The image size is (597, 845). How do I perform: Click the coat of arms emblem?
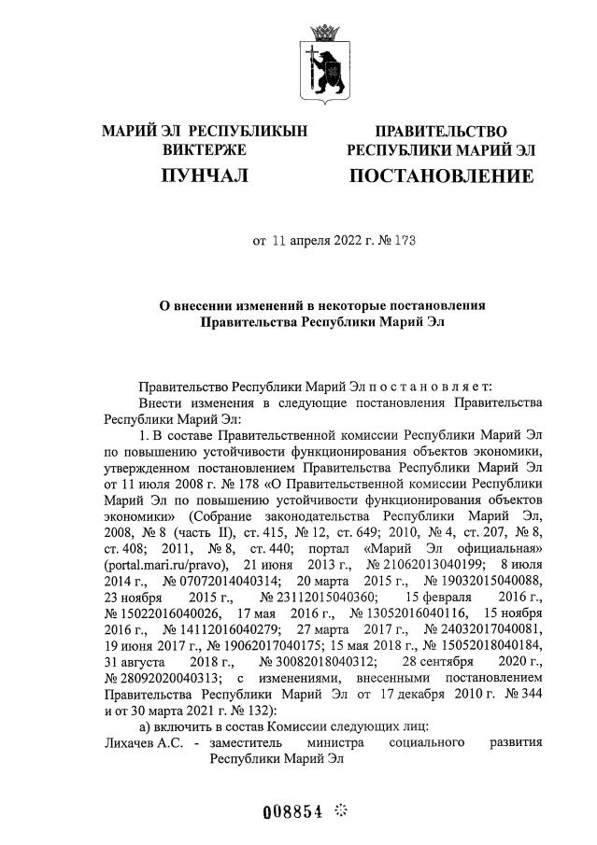[x=326, y=63]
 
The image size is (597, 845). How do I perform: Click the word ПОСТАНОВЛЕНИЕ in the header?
[x=442, y=176]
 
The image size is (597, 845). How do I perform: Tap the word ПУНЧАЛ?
[x=204, y=176]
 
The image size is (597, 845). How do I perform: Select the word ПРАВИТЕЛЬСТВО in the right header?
[x=441, y=132]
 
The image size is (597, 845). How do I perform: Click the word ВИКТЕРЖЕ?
[x=204, y=148]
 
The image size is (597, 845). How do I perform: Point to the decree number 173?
[x=404, y=241]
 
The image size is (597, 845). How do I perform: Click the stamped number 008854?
[x=292, y=811]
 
